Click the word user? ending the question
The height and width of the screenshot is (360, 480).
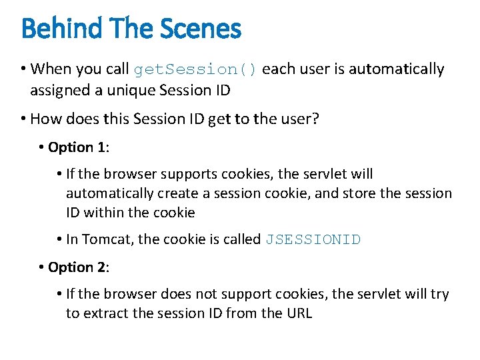tap(298, 119)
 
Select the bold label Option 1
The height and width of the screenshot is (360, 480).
tap(77, 147)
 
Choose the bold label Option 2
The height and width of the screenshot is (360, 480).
tap(77, 267)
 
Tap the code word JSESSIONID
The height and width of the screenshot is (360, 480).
tap(313, 240)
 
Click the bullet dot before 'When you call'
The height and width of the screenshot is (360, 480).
tap(23, 69)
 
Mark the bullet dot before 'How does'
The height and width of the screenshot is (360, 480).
tap(23, 119)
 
